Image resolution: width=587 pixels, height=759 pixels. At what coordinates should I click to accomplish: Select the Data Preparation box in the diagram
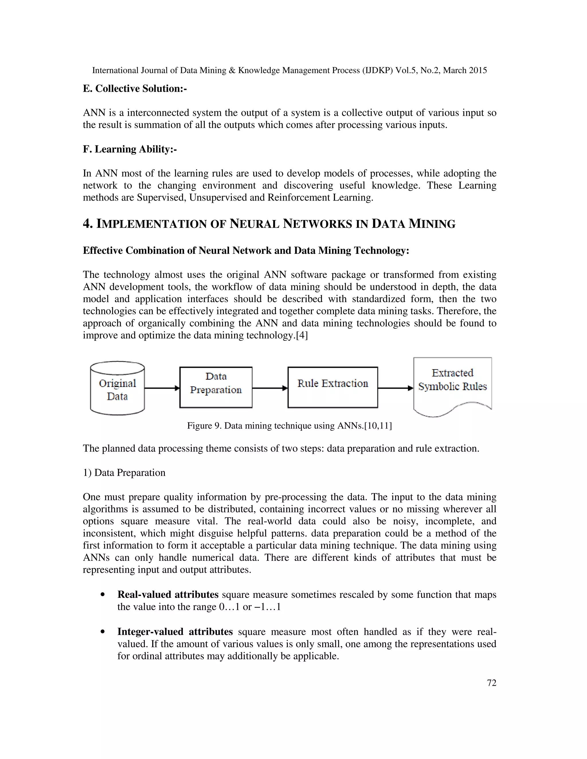216,387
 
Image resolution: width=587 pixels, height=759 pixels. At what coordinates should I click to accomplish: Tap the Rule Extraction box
332,387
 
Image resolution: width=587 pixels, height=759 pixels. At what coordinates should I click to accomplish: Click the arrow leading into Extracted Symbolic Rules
395,388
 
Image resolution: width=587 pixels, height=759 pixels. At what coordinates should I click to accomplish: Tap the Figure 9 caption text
289,426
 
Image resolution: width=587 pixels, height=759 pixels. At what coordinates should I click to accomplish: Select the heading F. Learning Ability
130,149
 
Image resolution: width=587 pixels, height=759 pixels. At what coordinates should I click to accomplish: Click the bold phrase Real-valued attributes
168,595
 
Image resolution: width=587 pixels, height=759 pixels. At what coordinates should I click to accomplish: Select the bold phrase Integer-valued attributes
175,632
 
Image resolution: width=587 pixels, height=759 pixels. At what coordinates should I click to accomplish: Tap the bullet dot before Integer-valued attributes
102,632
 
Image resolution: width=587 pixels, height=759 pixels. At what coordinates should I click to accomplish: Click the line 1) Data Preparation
124,473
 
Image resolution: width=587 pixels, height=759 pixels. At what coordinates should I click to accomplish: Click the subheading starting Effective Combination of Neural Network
246,251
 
